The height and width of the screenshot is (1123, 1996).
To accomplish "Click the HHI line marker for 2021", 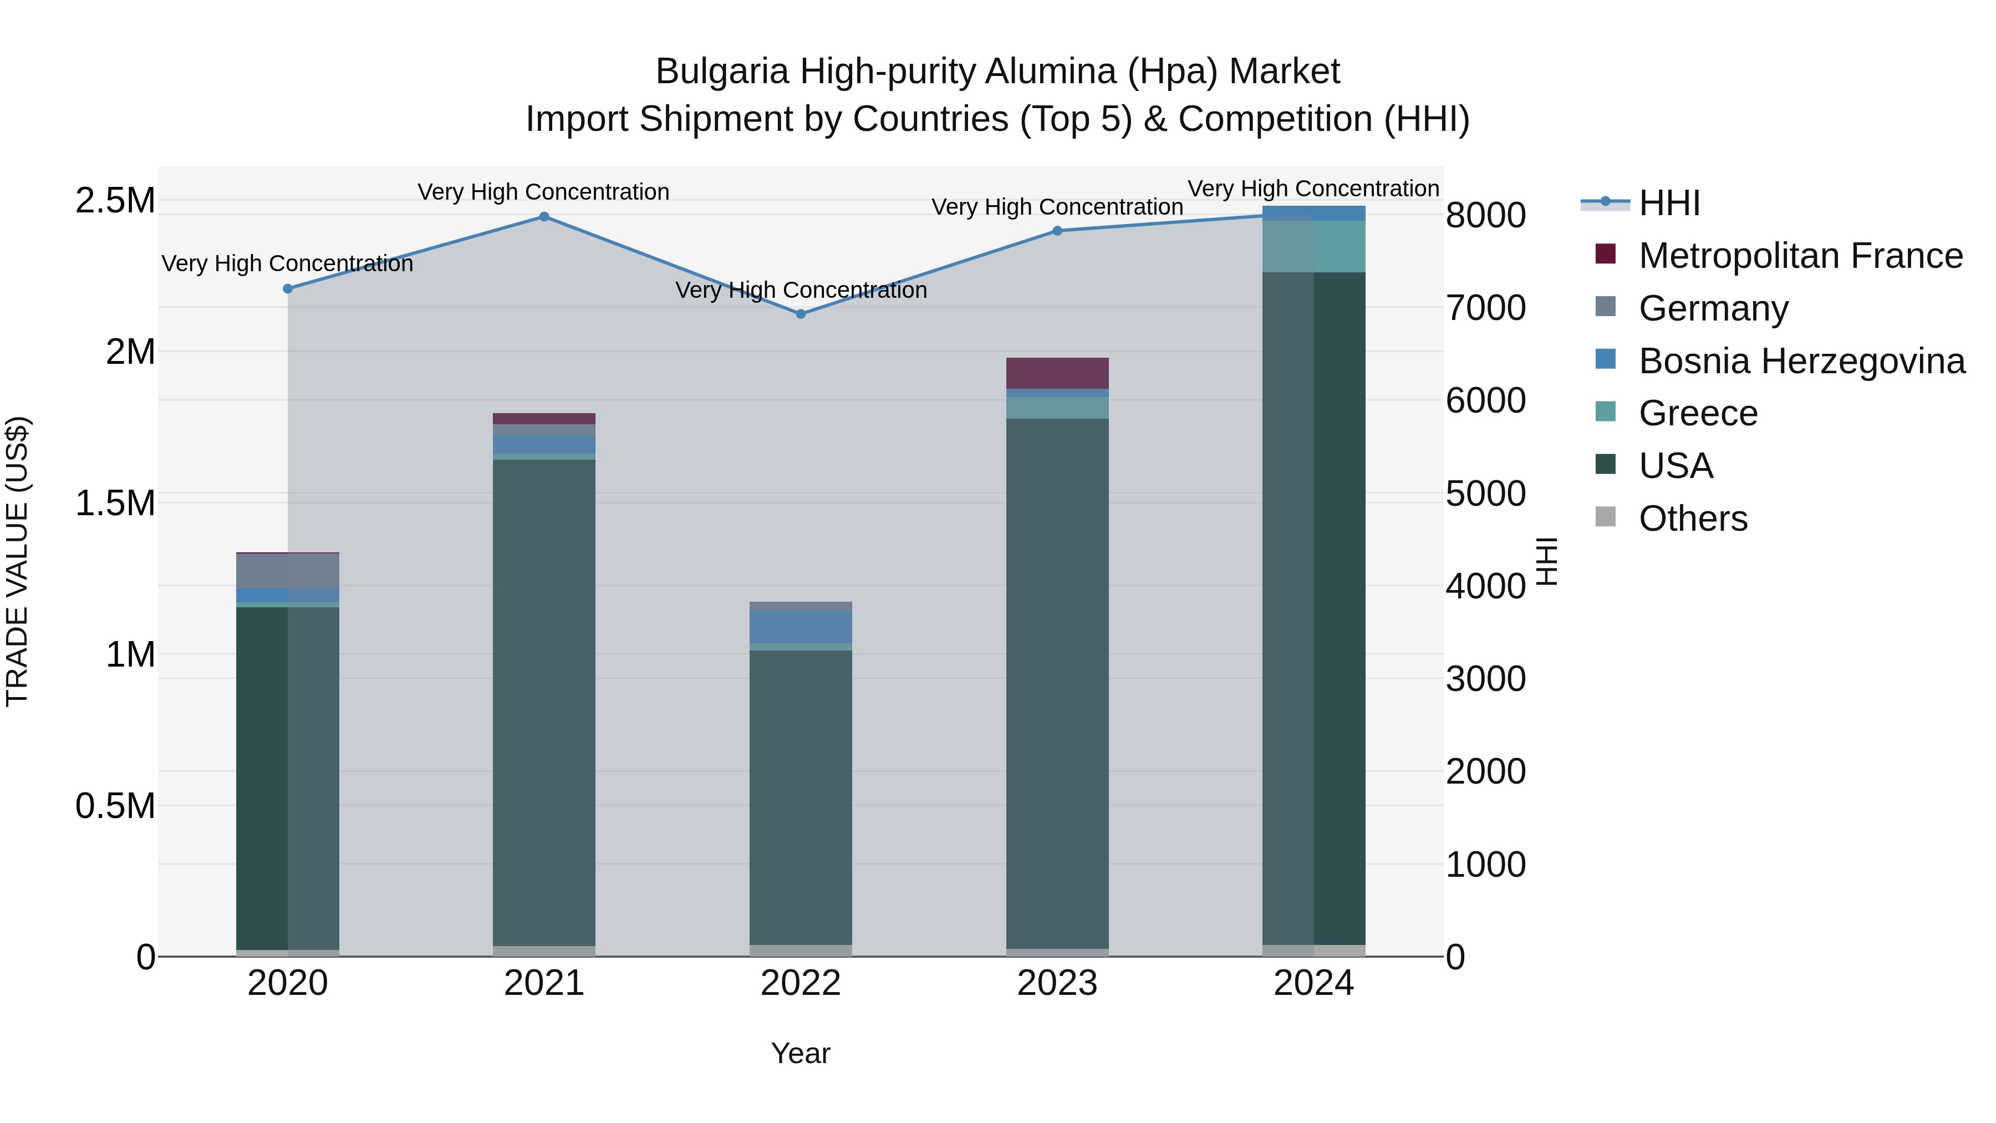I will (544, 217).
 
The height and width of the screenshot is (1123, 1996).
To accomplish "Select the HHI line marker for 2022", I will (801, 314).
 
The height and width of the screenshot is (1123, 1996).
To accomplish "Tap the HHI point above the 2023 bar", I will (1058, 231).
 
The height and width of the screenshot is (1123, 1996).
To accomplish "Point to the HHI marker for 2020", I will (287, 289).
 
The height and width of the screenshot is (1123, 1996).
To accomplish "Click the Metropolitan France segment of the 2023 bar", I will (1058, 374).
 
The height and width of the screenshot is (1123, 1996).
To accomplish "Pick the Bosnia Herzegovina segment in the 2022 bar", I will (801, 627).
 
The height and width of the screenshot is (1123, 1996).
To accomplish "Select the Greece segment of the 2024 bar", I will (1314, 246).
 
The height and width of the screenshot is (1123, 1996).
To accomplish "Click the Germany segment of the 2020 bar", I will (287, 571).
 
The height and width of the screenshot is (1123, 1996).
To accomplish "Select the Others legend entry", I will (1693, 519).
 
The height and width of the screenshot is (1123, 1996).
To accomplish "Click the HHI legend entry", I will (1670, 203).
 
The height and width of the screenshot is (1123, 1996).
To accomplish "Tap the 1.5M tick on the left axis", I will (115, 504).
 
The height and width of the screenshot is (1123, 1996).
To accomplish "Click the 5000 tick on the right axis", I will (1485, 494).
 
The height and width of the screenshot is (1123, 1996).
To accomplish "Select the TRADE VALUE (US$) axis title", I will (17, 561).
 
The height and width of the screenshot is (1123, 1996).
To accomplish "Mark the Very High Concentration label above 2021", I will (543, 192).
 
